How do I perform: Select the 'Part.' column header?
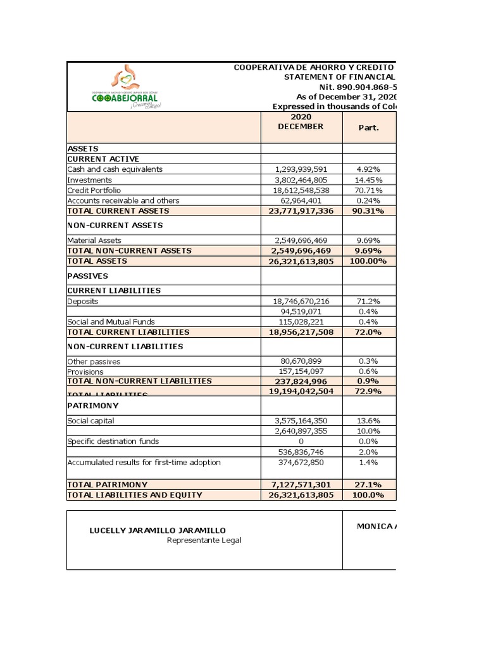[x=369, y=127]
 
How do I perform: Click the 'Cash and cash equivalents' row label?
[x=115, y=169]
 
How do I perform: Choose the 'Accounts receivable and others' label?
[x=123, y=200]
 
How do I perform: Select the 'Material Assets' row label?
[x=94, y=240]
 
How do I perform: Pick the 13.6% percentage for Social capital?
[x=369, y=421]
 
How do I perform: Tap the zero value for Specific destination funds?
[x=301, y=442]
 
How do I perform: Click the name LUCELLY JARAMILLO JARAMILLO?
[x=158, y=530]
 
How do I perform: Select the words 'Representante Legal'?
[x=204, y=541]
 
